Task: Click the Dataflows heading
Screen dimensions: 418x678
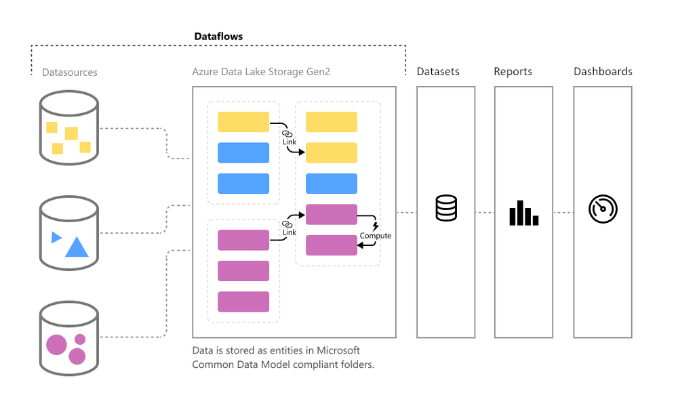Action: point(218,37)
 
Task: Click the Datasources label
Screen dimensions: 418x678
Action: point(70,72)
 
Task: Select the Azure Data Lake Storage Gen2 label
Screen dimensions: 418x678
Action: point(261,72)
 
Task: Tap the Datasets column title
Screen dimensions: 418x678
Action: point(438,72)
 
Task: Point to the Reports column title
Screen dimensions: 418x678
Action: point(513,72)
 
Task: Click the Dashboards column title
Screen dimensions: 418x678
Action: point(603,72)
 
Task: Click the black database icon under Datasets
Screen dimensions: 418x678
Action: point(446,208)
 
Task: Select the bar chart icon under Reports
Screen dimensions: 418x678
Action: point(523,213)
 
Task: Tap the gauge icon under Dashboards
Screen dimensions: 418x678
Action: point(603,209)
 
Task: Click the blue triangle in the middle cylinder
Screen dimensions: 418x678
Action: point(77,248)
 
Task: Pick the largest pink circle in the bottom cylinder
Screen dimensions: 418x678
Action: point(56,346)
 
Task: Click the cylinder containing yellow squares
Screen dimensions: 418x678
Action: point(68,129)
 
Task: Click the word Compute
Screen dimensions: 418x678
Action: point(376,236)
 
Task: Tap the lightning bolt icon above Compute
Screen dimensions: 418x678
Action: point(376,226)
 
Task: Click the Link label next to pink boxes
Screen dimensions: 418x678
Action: point(290,232)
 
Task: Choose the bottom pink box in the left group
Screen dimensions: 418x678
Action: point(243,301)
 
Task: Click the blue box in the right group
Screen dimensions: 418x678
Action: point(331,184)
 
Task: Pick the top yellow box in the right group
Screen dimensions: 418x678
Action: point(331,122)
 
